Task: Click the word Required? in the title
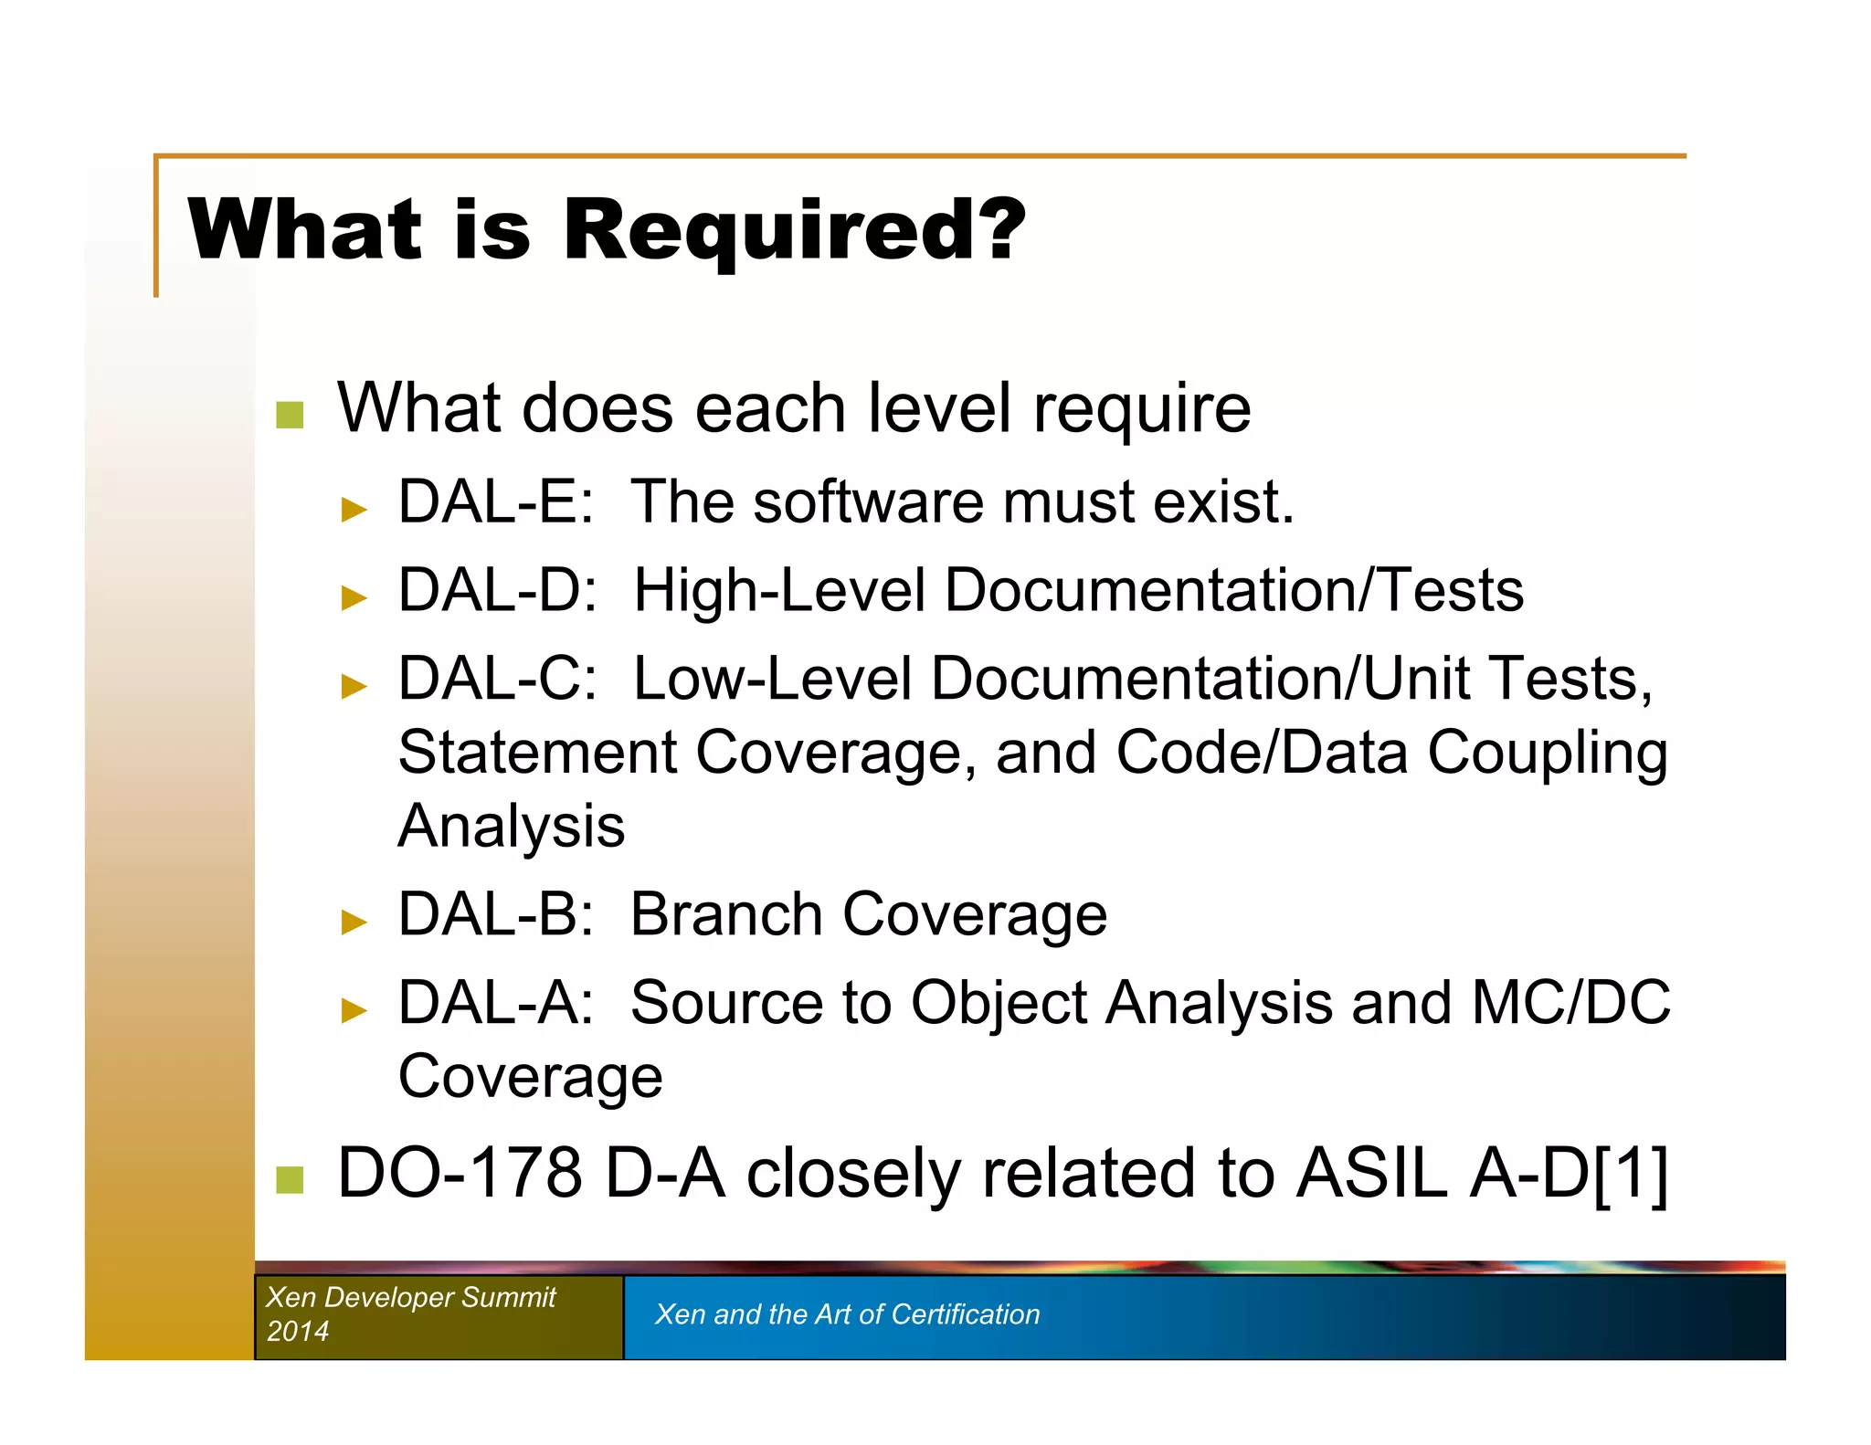tap(794, 230)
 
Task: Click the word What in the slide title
tap(305, 230)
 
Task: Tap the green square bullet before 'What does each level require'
tap(290, 415)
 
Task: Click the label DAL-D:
tap(498, 590)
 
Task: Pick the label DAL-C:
tap(498, 679)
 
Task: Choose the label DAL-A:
tap(496, 1003)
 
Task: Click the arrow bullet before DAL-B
tap(354, 922)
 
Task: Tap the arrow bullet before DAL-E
tap(354, 509)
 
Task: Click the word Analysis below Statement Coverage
tap(512, 827)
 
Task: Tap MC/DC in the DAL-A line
tap(1570, 1003)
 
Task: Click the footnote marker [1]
tap(1631, 1174)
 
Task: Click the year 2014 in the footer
tap(297, 1331)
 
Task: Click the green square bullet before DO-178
tap(290, 1179)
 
